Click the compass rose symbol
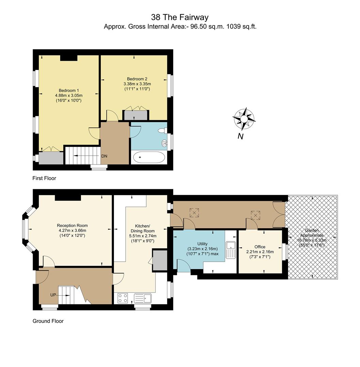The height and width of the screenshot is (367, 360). tap(244, 119)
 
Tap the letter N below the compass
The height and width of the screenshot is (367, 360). tap(240, 136)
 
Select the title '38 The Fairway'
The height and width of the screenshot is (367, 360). tap(180, 17)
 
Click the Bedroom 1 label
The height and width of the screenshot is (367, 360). tap(69, 90)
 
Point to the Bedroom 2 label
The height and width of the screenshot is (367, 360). tap(137, 79)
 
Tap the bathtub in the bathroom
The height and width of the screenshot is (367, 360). tap(149, 158)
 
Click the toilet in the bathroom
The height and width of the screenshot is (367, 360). tap(162, 130)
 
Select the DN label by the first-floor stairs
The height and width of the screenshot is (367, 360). tap(104, 156)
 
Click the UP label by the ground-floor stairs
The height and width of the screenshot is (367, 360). tap(53, 295)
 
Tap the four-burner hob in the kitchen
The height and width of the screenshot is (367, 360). tap(122, 298)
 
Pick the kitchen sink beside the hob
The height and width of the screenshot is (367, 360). tap(143, 298)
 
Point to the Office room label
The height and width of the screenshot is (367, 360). tap(260, 247)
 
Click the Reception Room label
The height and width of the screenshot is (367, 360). tap(72, 225)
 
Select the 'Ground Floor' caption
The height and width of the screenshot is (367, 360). tap(48, 321)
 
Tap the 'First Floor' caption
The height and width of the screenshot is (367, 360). tap(44, 178)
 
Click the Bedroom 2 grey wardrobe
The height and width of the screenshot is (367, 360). tap(136, 115)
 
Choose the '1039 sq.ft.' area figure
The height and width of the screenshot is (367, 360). tap(241, 27)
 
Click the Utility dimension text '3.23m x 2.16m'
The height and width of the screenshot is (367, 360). tap(202, 248)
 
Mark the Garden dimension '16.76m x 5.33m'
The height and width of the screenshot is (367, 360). tap(312, 240)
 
